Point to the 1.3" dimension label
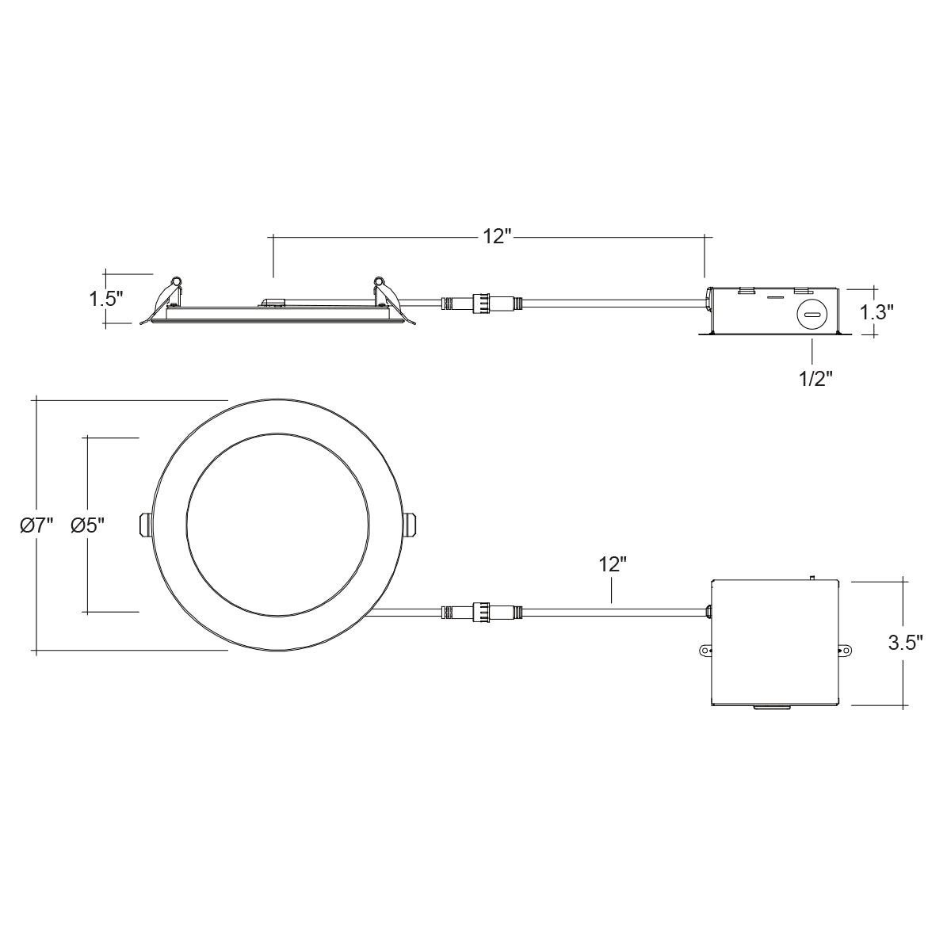[x=877, y=312]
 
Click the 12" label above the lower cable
[x=613, y=564]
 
